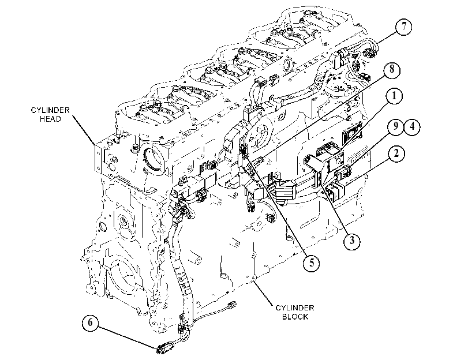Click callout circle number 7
(x=403, y=27)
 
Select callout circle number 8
(x=392, y=70)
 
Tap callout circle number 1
(x=394, y=96)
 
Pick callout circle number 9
(x=396, y=126)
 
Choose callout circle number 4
(x=412, y=126)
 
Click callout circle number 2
(x=396, y=154)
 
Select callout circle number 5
(x=311, y=263)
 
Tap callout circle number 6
(x=91, y=323)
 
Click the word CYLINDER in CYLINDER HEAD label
(x=50, y=110)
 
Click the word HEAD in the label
(x=50, y=119)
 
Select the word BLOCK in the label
(x=295, y=316)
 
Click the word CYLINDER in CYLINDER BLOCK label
(x=294, y=307)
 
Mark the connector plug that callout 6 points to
(x=164, y=348)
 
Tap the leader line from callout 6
(x=128, y=337)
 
